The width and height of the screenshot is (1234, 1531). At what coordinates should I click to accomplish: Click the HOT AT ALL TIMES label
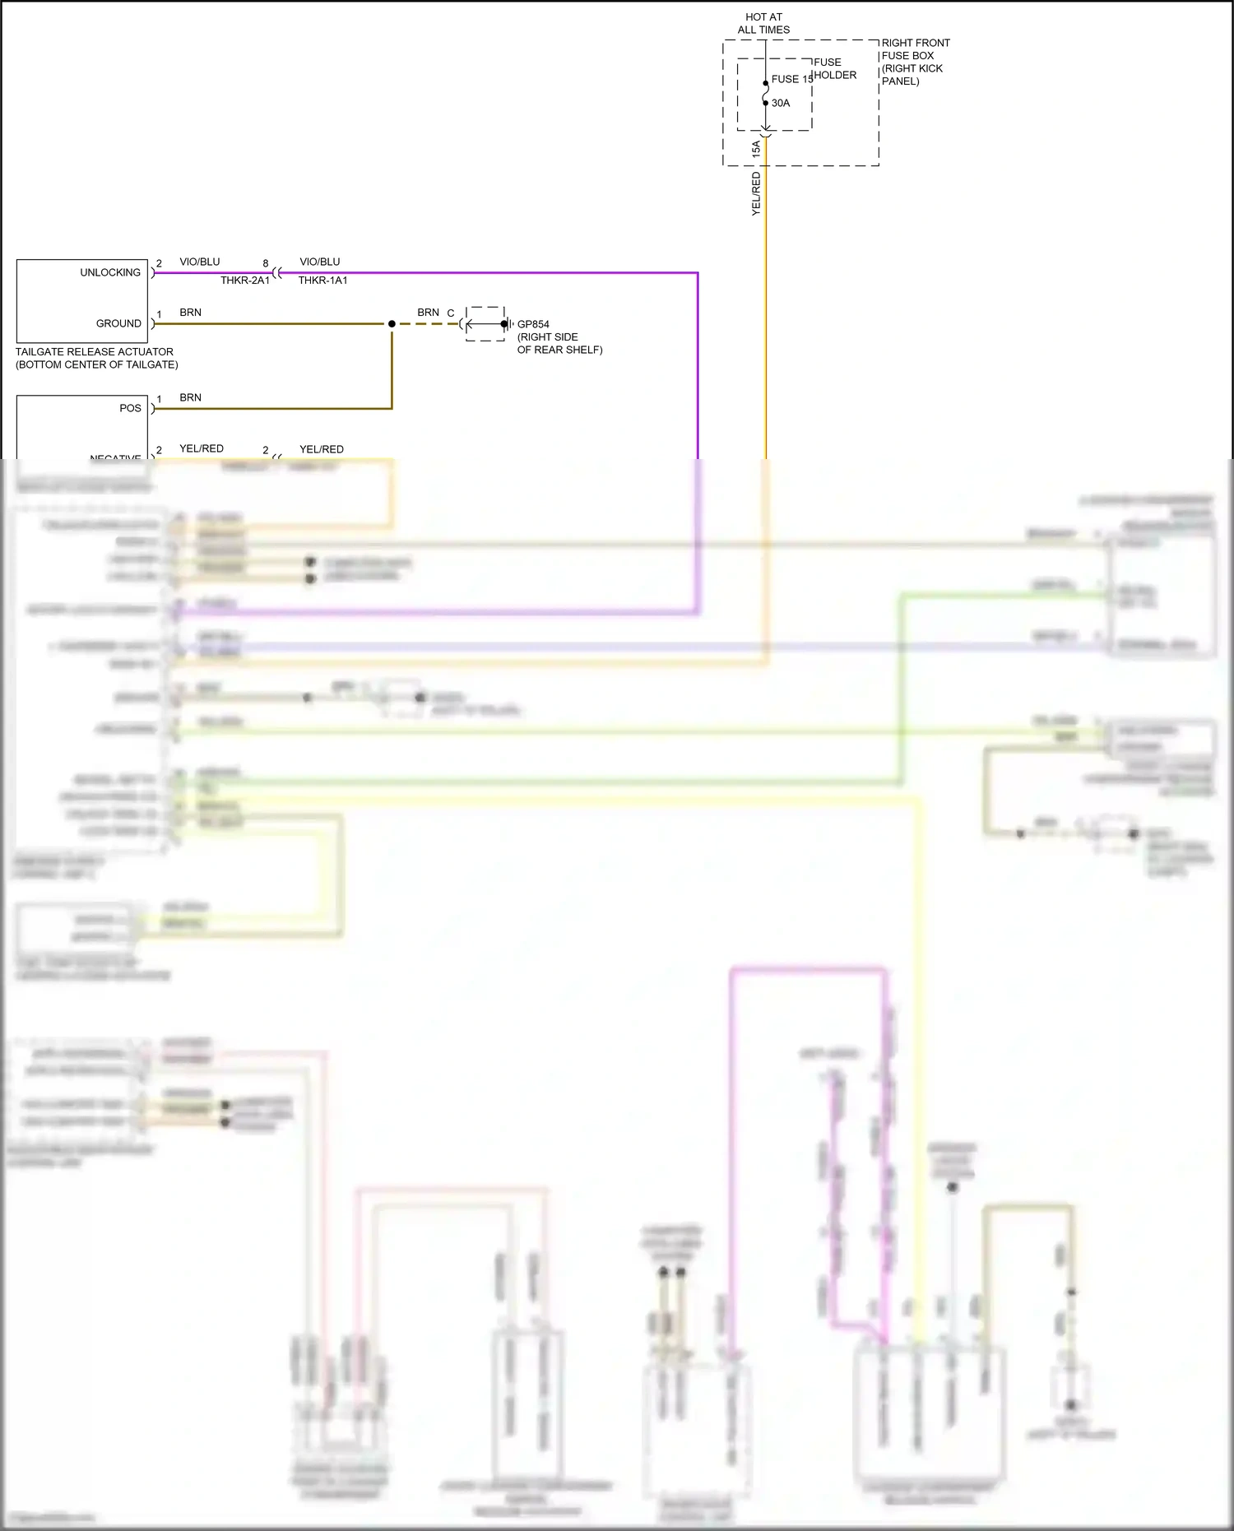pos(763,23)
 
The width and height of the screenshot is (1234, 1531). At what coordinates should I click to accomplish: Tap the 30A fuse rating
pos(781,103)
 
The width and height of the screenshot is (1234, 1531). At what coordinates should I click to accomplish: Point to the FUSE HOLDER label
pos(834,68)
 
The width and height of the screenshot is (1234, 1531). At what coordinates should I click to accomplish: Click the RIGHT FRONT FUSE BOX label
pos(914,62)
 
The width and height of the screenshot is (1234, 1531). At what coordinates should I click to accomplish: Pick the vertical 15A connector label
pos(756,149)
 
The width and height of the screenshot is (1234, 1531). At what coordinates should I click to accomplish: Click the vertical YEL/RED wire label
pos(756,194)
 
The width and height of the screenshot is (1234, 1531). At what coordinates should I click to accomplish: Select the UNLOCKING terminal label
pos(110,272)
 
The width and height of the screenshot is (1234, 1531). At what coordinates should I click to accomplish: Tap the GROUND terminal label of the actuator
pos(118,323)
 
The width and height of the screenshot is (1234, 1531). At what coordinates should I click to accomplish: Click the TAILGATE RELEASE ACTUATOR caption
pos(96,358)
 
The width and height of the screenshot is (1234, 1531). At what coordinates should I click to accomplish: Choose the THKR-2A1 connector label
pos(244,281)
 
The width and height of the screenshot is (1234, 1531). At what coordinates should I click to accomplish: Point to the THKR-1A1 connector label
pos(322,281)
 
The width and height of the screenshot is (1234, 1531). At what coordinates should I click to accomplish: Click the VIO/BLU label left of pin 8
pos(200,262)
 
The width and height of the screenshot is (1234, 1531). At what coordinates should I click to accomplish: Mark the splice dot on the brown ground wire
pos(392,324)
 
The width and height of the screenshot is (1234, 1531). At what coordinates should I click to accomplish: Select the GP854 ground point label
pos(533,324)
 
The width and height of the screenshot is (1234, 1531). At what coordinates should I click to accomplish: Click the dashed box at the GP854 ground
pos(485,324)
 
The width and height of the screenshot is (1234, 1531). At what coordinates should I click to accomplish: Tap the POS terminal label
pos(130,408)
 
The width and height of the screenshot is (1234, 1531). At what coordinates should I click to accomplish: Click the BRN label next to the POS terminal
pos(190,397)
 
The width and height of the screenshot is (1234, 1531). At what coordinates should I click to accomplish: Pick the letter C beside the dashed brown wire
pos(451,313)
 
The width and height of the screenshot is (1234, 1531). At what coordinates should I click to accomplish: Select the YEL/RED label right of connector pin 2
pos(322,449)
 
